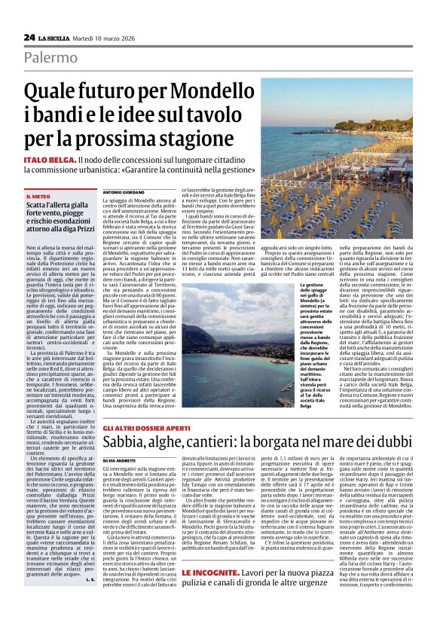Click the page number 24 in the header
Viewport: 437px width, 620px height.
coord(29,37)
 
